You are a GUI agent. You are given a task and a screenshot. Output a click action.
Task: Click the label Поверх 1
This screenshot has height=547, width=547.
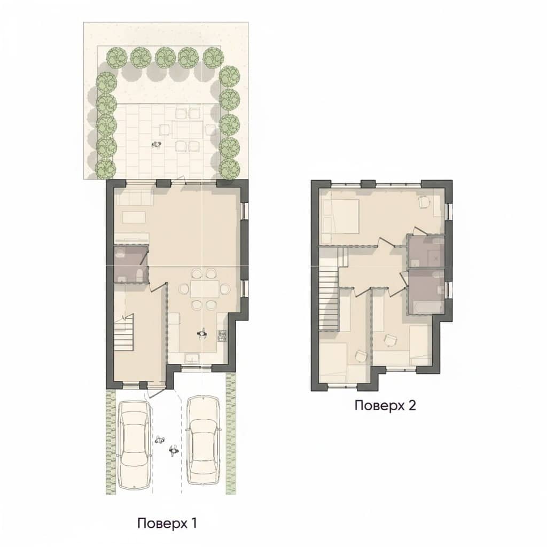[x=167, y=523]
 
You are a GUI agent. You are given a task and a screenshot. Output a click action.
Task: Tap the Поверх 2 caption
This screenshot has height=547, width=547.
[x=385, y=405]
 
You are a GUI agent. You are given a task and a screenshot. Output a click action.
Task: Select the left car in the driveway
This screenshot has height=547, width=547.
[x=135, y=444]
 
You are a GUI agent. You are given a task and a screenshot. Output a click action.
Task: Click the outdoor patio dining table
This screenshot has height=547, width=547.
[x=187, y=130]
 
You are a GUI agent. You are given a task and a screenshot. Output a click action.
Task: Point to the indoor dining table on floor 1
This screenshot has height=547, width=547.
[x=204, y=289]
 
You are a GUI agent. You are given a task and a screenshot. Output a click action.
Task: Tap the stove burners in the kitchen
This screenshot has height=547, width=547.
[x=222, y=335]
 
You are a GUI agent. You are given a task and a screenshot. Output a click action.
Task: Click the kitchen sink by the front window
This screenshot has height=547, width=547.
[x=192, y=358]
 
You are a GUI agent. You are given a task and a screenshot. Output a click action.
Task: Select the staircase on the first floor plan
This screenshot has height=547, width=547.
[x=124, y=332]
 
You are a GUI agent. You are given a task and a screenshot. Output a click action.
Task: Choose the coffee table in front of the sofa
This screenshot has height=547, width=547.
[x=134, y=217]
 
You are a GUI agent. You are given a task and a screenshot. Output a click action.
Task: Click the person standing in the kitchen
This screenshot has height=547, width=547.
[x=201, y=334]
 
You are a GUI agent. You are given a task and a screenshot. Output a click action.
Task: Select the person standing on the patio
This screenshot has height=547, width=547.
[x=158, y=144]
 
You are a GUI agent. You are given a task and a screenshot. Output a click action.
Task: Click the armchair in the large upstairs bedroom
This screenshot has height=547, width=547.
[x=424, y=202]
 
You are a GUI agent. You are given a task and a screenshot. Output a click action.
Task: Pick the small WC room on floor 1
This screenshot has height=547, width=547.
[x=131, y=263]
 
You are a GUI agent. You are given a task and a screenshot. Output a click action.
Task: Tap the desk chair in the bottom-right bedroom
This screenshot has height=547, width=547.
[x=390, y=340]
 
